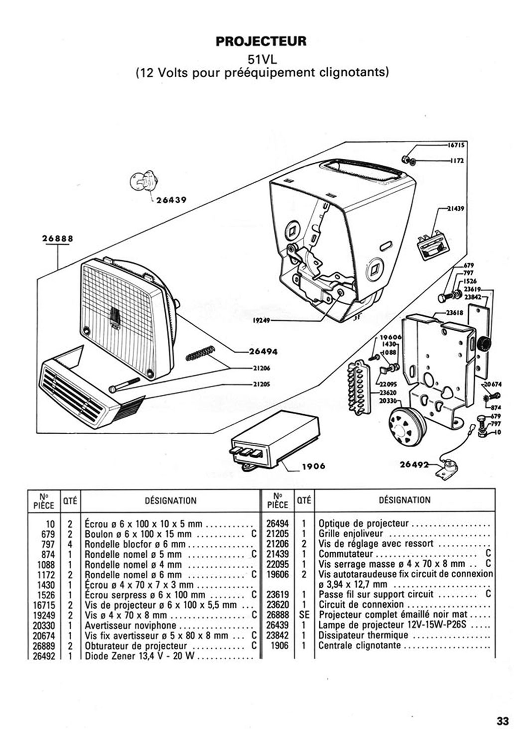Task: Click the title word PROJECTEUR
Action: click(261, 41)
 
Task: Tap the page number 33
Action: click(503, 721)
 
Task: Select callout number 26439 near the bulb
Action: click(171, 200)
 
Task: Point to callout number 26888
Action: click(57, 239)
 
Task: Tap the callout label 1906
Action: click(313, 466)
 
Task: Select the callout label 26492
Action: click(414, 465)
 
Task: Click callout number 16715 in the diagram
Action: click(456, 145)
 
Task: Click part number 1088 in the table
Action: click(46, 565)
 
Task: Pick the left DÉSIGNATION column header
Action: click(170, 500)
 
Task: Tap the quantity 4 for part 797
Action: click(70, 544)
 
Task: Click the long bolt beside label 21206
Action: click(125, 384)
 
